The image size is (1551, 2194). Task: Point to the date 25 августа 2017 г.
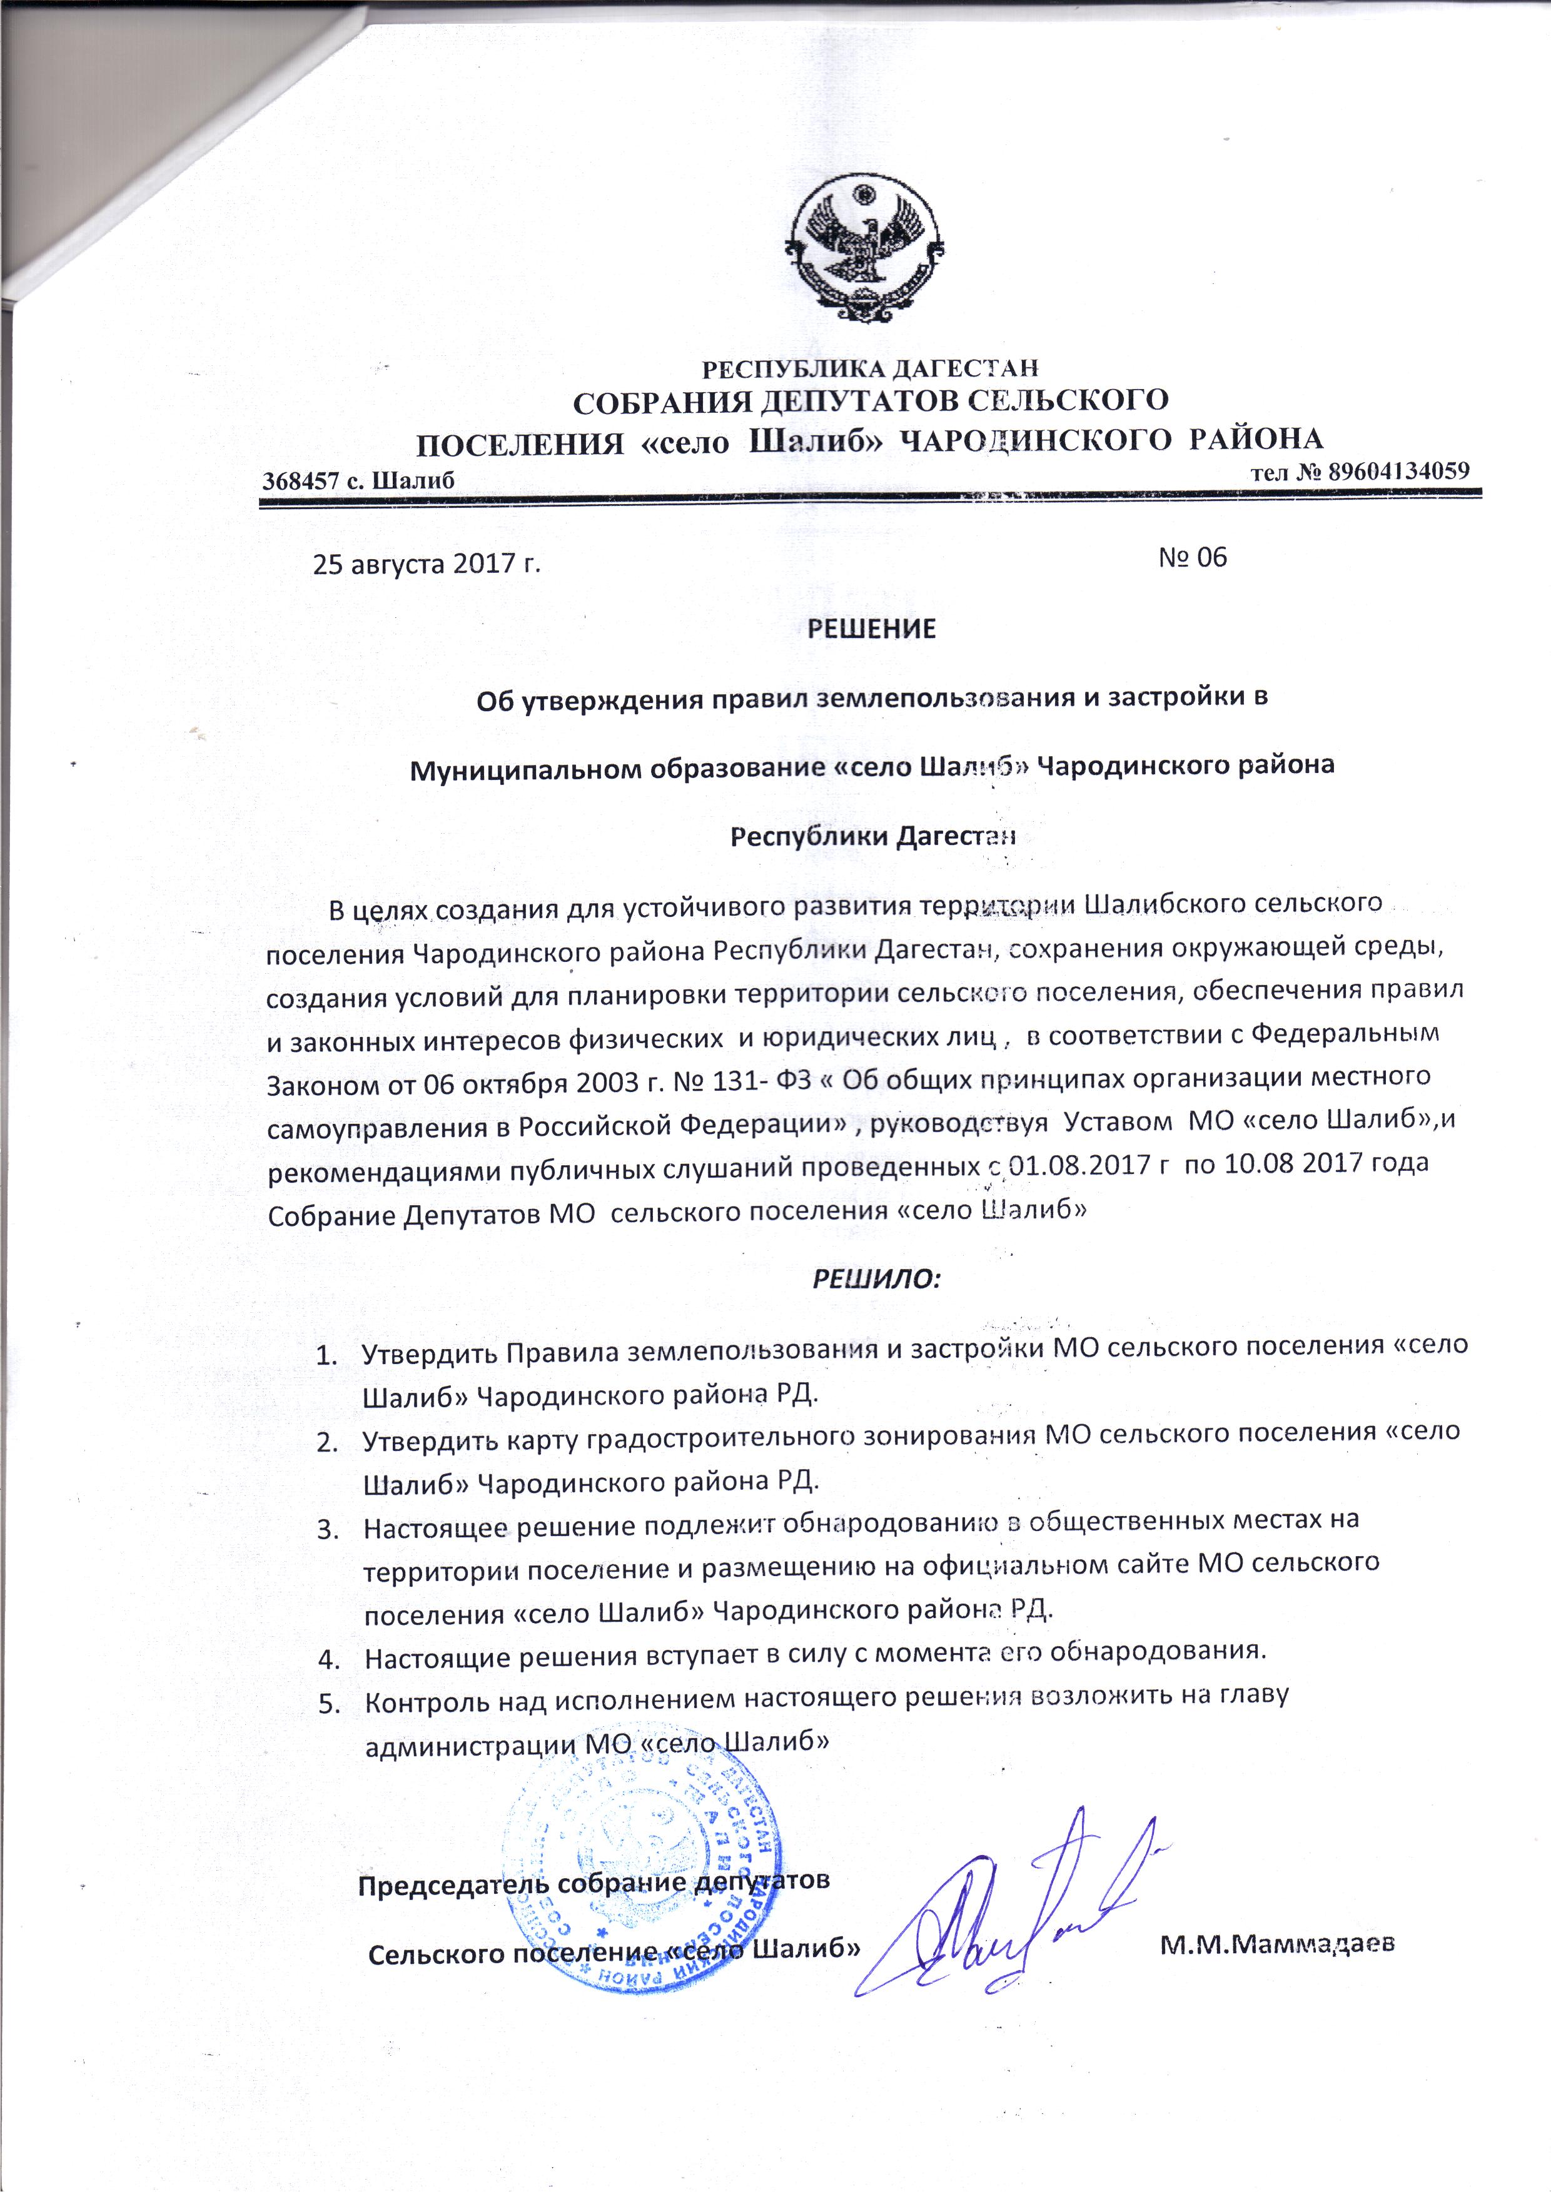(x=427, y=564)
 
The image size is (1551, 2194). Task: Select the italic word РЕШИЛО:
(x=876, y=1278)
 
